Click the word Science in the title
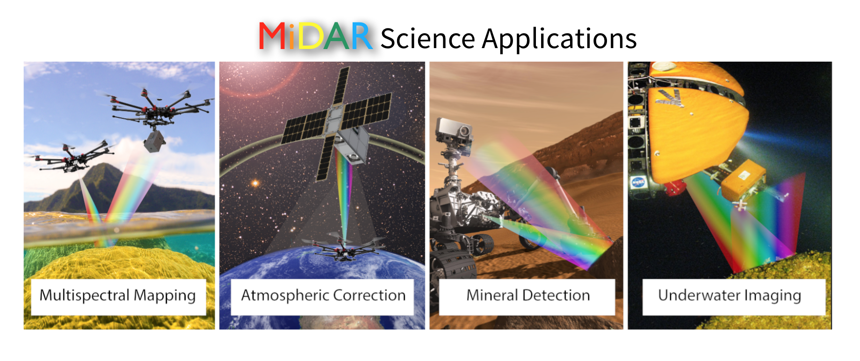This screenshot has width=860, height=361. [x=428, y=38]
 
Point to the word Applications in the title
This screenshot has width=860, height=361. [x=559, y=39]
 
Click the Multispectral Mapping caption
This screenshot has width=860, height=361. [x=118, y=296]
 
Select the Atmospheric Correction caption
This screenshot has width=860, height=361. [x=323, y=296]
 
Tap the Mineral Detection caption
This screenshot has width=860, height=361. [x=528, y=295]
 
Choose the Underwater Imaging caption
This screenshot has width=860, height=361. [x=730, y=296]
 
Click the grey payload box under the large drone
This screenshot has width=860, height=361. [x=154, y=142]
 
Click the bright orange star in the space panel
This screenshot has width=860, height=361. [x=255, y=183]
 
